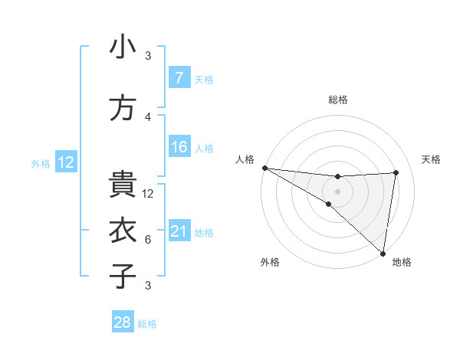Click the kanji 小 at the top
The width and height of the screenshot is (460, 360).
pyautogui.click(x=123, y=47)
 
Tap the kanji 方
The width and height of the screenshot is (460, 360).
pyautogui.click(x=123, y=108)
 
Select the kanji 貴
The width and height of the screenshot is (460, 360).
pyautogui.click(x=123, y=185)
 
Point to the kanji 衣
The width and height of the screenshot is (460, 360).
pyautogui.click(x=123, y=231)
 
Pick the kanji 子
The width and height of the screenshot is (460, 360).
pyautogui.click(x=123, y=276)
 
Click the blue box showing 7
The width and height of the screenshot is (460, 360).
pyautogui.click(x=179, y=78)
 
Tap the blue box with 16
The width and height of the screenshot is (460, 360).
pyautogui.click(x=179, y=147)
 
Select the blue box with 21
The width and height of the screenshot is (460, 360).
pyautogui.click(x=179, y=231)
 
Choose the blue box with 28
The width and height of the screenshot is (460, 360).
pyautogui.click(x=123, y=322)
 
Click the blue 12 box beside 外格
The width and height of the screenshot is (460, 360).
pyautogui.click(x=66, y=162)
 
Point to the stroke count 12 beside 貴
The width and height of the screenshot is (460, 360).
pyautogui.click(x=149, y=194)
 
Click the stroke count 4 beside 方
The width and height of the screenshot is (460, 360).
pyautogui.click(x=148, y=117)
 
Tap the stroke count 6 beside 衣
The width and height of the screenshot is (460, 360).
pyautogui.click(x=148, y=240)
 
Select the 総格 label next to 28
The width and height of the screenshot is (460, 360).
pyautogui.click(x=147, y=324)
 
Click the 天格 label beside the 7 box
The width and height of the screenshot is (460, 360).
pyautogui.click(x=204, y=79)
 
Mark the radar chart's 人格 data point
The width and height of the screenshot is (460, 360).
pyautogui.click(x=264, y=168)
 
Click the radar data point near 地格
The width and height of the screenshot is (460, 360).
pyautogui.click(x=382, y=253)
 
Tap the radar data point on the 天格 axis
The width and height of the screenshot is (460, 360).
pyautogui.click(x=396, y=172)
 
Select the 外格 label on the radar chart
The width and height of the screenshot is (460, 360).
pyautogui.click(x=270, y=263)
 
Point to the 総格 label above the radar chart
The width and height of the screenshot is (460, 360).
pyautogui.click(x=337, y=100)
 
